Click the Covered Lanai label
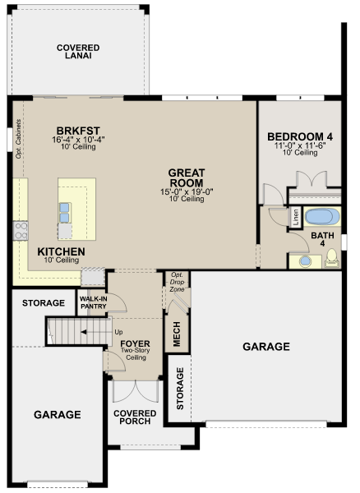point(78,52)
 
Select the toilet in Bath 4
point(332,258)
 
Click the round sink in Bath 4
point(305,261)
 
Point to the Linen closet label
point(296,217)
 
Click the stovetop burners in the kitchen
point(21,231)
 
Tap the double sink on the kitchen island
point(64,213)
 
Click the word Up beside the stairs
point(118,332)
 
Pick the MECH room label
point(177,334)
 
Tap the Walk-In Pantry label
point(93,302)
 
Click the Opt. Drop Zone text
point(177,282)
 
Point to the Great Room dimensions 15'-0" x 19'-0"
point(187,191)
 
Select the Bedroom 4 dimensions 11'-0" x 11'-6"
point(300,145)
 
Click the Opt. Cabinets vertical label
point(18,139)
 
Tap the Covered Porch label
point(135,417)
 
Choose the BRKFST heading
point(78,131)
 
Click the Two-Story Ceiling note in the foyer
point(136,354)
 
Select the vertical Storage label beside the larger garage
point(180,389)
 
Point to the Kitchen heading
point(61,251)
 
